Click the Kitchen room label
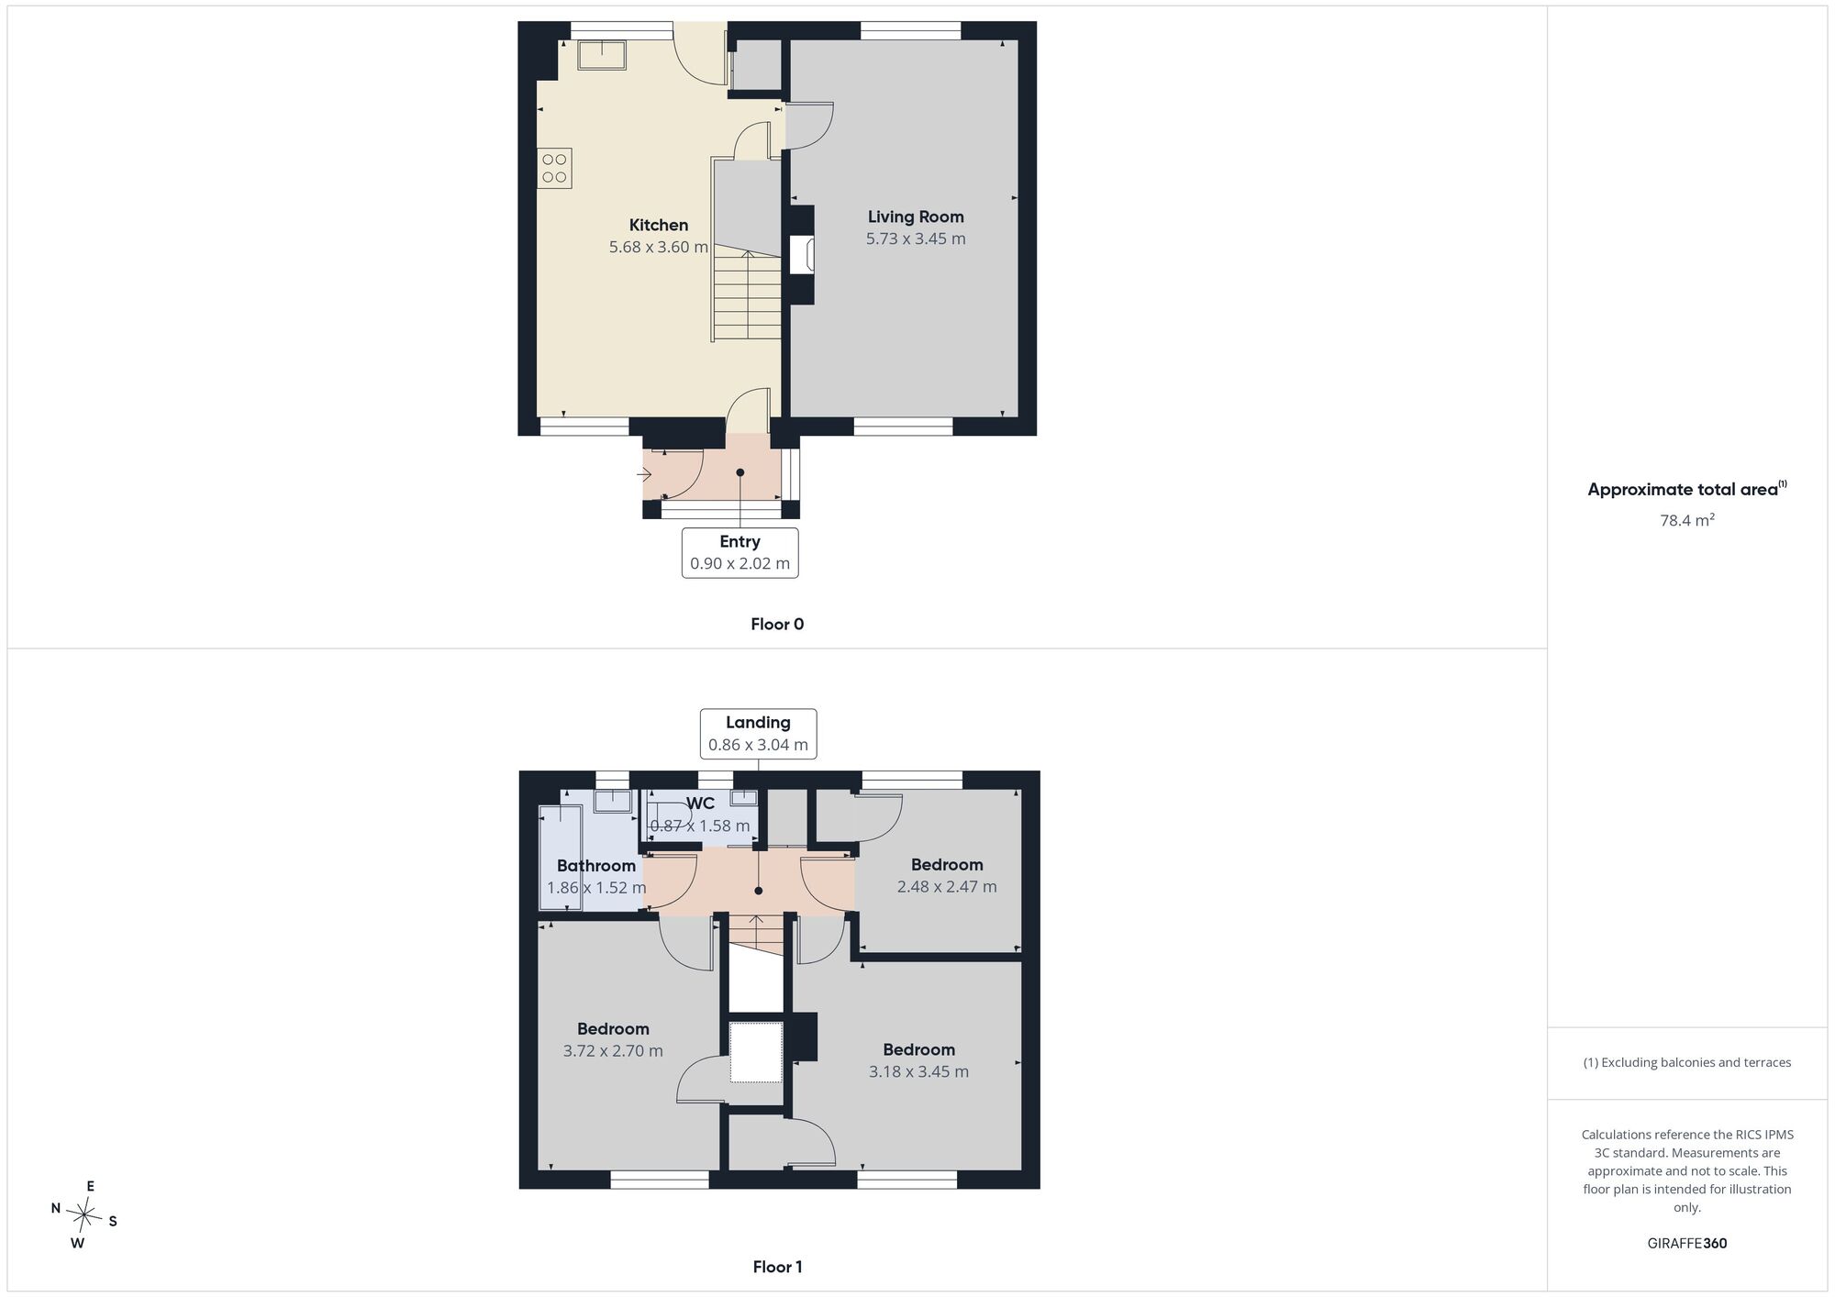tap(658, 225)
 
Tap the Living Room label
tap(916, 216)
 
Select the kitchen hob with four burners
tap(554, 168)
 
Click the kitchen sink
tap(602, 55)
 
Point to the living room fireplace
tap(801, 255)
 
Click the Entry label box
tap(740, 552)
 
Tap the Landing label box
tap(758, 734)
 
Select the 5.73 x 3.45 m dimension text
tap(916, 238)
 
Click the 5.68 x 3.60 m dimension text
tap(658, 247)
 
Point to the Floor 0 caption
tap(777, 625)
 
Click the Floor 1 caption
tap(777, 1267)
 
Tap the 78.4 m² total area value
tap(1687, 520)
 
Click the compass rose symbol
tap(83, 1216)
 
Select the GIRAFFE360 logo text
tap(1687, 1244)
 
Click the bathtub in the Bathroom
tap(560, 859)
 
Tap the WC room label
tap(700, 804)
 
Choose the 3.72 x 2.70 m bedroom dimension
tap(613, 1051)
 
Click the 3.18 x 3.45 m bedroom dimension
tap(918, 1071)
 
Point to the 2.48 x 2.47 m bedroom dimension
tap(947, 887)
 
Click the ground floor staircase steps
tap(748, 295)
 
